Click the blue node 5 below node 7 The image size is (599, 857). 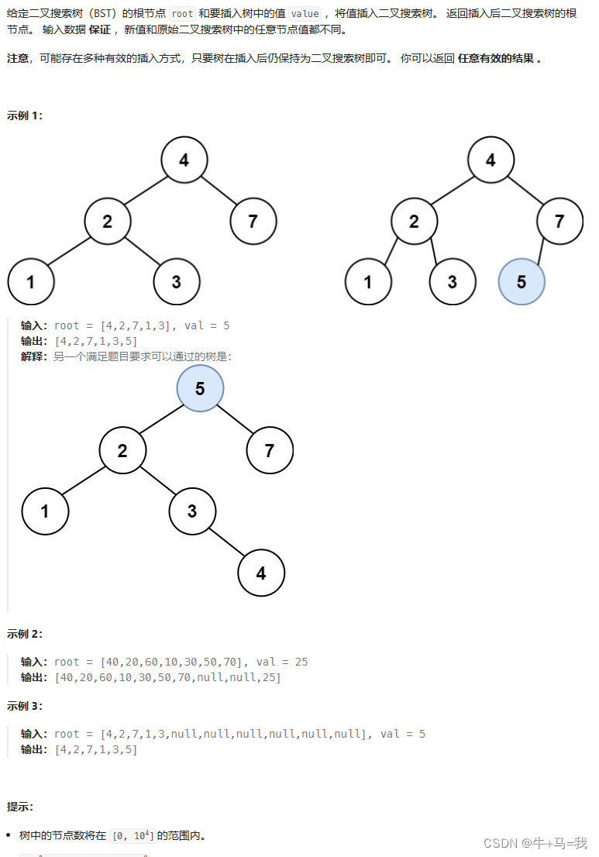pyautogui.click(x=522, y=281)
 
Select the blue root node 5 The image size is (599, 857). pyautogui.click(x=200, y=388)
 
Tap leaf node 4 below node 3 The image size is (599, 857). pyautogui.click(x=261, y=573)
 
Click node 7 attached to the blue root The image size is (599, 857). pyautogui.click(x=270, y=450)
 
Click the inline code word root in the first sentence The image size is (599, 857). pyautogui.click(x=182, y=13)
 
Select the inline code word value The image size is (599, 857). pyautogui.click(x=304, y=13)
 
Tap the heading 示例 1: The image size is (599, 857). pyautogui.click(x=25, y=115)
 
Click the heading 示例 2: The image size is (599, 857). pyautogui.click(x=25, y=634)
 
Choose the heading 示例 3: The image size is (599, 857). pyautogui.click(x=25, y=706)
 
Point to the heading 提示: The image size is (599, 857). pyautogui.click(x=20, y=807)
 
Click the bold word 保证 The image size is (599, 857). pyautogui.click(x=101, y=29)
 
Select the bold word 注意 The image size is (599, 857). pyautogui.click(x=18, y=59)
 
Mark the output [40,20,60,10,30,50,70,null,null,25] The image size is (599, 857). pyautogui.click(x=167, y=677)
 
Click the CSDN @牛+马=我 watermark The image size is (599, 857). pyautogui.click(x=535, y=842)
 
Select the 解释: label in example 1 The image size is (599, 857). pyautogui.click(x=36, y=356)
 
